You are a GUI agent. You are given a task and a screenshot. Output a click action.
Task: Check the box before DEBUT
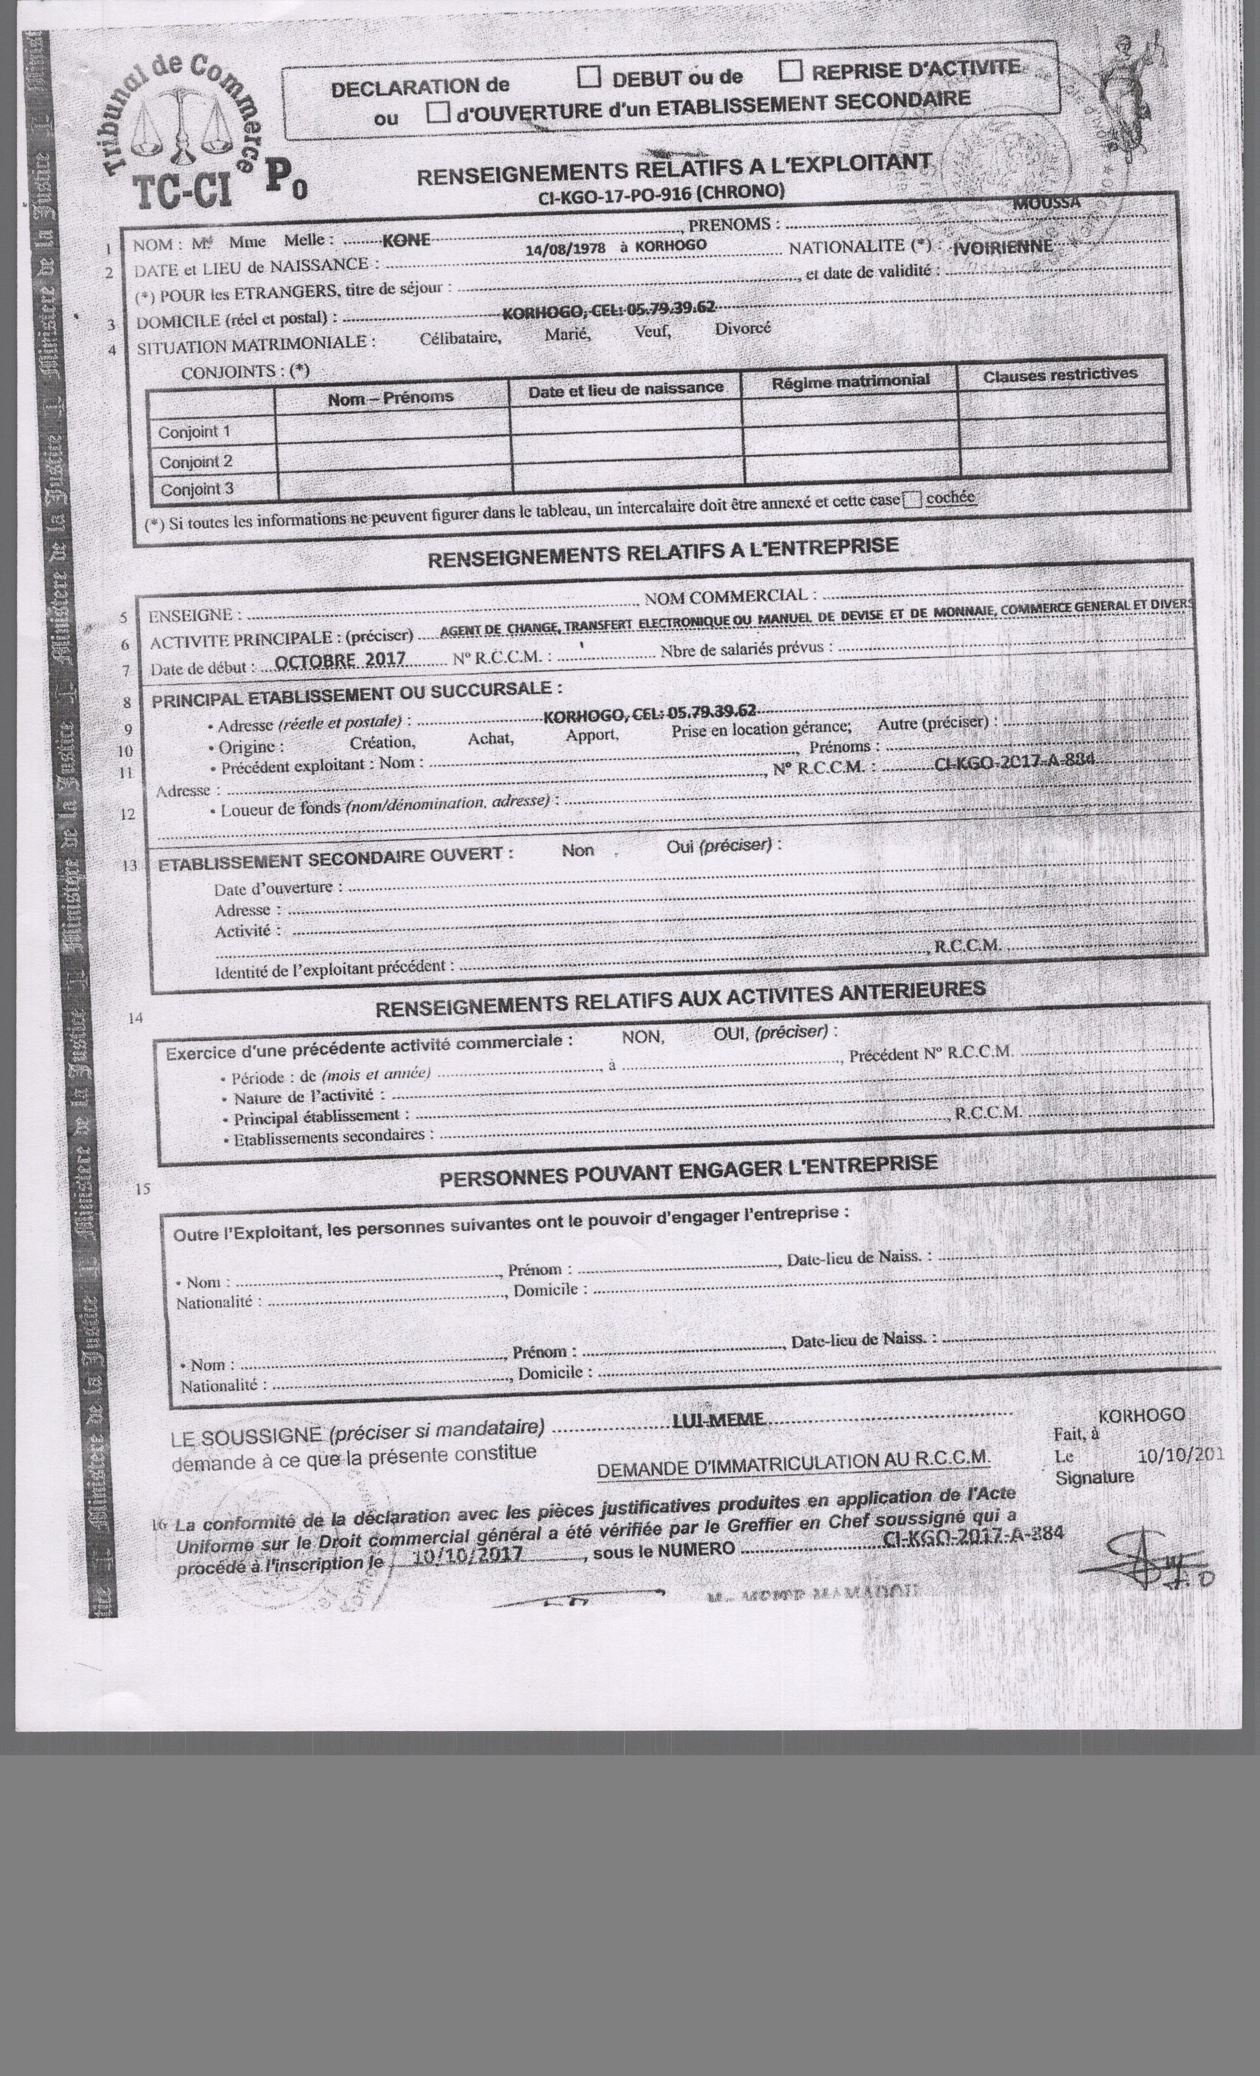tap(589, 78)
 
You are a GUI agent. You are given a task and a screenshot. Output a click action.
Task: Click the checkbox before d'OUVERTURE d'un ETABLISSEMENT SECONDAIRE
tap(437, 113)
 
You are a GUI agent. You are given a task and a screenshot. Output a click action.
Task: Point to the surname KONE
tap(406, 240)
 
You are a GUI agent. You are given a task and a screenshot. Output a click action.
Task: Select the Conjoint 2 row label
tap(195, 462)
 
